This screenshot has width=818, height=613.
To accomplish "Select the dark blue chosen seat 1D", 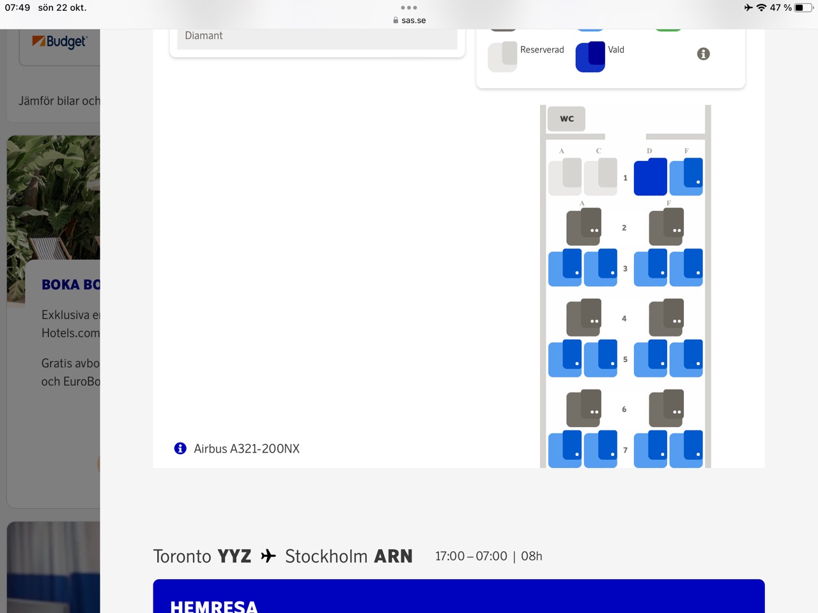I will [651, 177].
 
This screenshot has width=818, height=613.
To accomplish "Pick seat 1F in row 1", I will [686, 177].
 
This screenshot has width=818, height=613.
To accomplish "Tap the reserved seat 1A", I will [565, 177].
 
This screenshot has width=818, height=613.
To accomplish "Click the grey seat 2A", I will [583, 227].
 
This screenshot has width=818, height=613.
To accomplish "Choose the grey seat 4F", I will [666, 317].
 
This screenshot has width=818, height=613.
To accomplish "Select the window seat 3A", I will [565, 268].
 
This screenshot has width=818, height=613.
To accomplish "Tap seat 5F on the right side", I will [686, 358].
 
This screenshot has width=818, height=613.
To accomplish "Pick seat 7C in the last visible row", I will [601, 449].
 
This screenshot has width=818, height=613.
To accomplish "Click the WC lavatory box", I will [566, 119].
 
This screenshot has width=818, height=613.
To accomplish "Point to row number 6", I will [624, 409].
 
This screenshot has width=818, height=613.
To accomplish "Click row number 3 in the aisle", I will [625, 269].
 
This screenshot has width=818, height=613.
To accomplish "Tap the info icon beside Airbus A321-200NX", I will [180, 448].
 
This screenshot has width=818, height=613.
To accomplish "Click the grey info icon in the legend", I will [703, 54].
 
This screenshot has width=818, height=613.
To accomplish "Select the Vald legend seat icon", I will [590, 57].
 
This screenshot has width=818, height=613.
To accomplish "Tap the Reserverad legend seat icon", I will [502, 57].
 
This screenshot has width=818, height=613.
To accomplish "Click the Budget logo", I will [59, 42].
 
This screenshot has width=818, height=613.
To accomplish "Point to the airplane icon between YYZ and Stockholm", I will [268, 556].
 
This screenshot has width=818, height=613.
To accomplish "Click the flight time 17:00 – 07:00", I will [471, 556].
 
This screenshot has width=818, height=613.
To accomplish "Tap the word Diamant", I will [204, 36].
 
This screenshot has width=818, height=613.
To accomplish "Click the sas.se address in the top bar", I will [413, 20].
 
